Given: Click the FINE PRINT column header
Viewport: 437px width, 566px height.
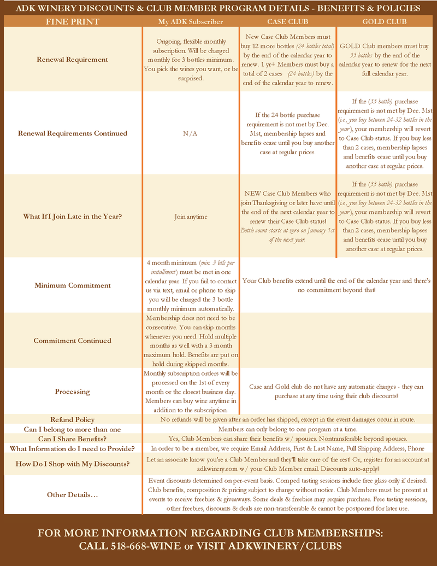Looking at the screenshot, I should click(72, 22).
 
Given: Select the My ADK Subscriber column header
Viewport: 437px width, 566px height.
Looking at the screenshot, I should click(191, 22).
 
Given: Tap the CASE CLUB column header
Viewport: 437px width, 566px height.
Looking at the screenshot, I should click(287, 22).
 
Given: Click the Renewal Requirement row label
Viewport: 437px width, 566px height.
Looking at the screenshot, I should click(72, 60).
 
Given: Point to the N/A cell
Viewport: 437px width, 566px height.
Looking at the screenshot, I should click(191, 133).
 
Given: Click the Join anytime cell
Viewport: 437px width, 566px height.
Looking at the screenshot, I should click(191, 217).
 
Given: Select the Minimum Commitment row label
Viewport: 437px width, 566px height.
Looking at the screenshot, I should click(72, 285).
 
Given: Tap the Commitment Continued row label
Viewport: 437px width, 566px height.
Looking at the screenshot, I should click(72, 341).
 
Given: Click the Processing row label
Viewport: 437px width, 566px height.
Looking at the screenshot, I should click(72, 392).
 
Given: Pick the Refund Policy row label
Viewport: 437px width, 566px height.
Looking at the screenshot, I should click(72, 419).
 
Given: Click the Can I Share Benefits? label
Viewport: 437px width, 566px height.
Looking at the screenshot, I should click(72, 439).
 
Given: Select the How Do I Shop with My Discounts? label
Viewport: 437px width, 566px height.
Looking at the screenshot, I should click(72, 464).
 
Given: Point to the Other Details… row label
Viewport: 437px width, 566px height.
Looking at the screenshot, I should click(72, 495).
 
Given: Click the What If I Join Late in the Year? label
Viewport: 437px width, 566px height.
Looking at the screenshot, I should click(72, 217).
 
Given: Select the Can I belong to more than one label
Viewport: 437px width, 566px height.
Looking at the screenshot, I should click(72, 429).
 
